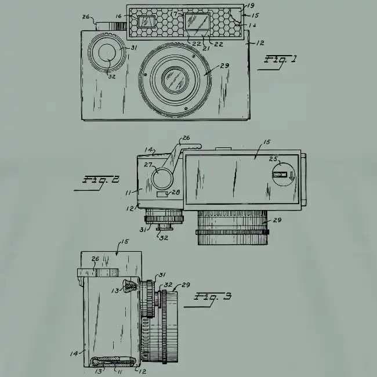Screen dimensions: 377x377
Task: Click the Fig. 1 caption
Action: pos(281,60)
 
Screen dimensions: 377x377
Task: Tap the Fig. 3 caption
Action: pos(213,297)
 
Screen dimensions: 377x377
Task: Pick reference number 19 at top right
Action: pos(251,6)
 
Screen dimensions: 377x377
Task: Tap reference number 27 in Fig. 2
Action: pos(148,165)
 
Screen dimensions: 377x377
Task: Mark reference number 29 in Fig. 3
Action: pos(186,285)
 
